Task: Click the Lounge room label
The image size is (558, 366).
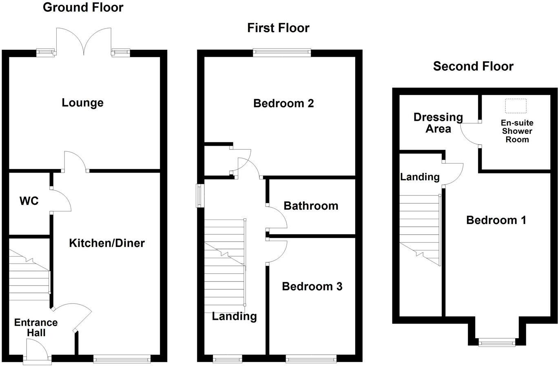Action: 82,103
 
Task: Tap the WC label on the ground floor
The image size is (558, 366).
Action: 29,201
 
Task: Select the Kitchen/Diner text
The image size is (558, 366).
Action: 107,243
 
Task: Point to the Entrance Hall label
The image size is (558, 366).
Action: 36,328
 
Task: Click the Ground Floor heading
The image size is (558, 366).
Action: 83,7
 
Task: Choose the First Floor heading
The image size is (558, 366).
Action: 278,28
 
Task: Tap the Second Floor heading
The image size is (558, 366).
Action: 473,66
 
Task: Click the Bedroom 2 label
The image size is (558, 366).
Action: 283,103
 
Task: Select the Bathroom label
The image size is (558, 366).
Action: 311,206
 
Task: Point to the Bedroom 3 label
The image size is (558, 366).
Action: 312,286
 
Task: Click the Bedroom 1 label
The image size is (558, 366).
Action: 496,220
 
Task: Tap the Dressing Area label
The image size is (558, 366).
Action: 438,123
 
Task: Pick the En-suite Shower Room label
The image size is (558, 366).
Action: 517,131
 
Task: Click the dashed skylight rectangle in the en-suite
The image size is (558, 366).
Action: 516,106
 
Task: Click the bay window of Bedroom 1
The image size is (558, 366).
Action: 496,342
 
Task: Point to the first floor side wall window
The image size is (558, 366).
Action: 200,196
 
